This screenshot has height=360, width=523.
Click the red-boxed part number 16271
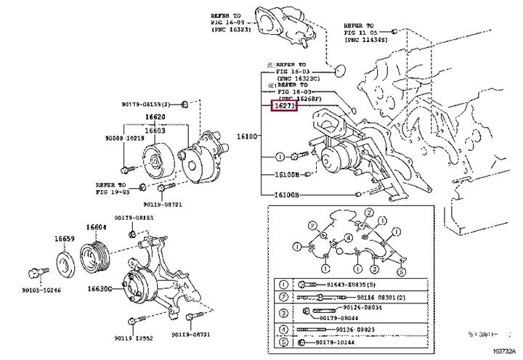[284, 106]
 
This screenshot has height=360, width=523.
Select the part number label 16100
[247, 136]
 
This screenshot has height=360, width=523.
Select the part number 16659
[64, 238]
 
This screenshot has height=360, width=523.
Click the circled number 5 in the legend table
[283, 342]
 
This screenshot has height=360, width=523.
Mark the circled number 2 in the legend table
[283, 298]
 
